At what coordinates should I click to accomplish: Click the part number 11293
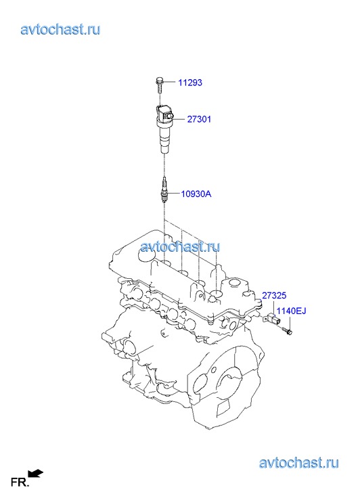[x=190, y=83]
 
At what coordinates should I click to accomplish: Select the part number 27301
[x=199, y=119]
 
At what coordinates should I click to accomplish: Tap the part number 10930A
[x=196, y=194]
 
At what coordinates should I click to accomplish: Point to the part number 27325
[x=274, y=295]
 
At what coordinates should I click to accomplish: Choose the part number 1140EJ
[x=291, y=311]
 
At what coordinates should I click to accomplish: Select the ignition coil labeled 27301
[x=164, y=129]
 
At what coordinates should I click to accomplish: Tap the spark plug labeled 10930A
[x=164, y=190]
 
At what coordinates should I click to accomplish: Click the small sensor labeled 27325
[x=272, y=319]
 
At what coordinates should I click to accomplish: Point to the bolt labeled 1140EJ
[x=287, y=330]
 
